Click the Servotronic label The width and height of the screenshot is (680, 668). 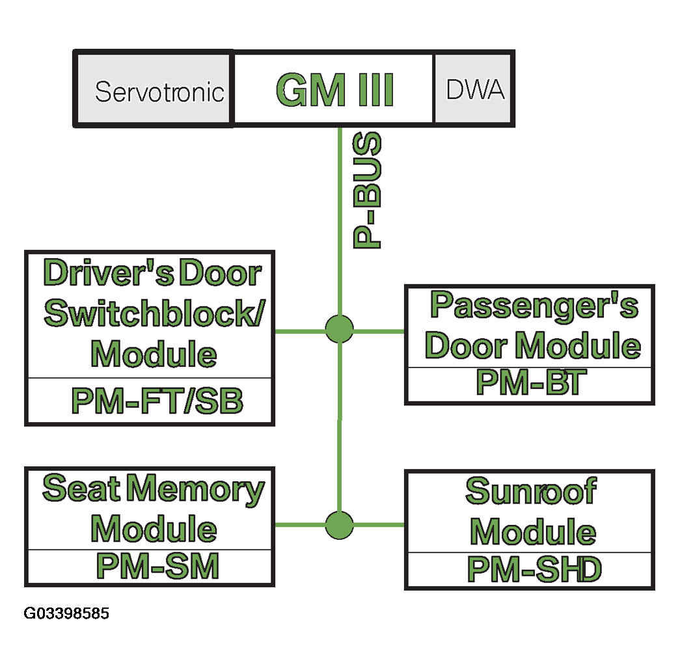click(x=159, y=92)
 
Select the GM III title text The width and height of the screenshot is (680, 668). click(x=334, y=90)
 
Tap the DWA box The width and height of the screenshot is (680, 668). click(x=474, y=88)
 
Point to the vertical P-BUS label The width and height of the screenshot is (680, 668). click(x=367, y=190)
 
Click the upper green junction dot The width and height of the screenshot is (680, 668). click(x=339, y=329)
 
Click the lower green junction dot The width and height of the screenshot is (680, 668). click(x=339, y=525)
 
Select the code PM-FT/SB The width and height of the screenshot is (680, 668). click(x=157, y=401)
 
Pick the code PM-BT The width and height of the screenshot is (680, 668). click(x=531, y=382)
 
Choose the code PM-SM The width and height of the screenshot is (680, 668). click(x=157, y=566)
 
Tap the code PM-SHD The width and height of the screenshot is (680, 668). click(x=534, y=569)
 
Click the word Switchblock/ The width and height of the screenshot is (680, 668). click(x=154, y=314)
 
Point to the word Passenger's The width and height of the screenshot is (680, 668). click(x=534, y=306)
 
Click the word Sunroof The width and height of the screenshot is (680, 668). click(x=531, y=491)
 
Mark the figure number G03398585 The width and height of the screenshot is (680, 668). click(x=66, y=613)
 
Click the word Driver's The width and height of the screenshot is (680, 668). click(x=109, y=273)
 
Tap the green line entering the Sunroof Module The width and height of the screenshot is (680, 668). click(x=379, y=525)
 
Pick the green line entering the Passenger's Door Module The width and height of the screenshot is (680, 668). click(x=379, y=332)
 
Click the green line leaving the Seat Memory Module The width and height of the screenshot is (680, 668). click(x=300, y=525)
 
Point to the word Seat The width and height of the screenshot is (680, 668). click(x=81, y=488)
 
